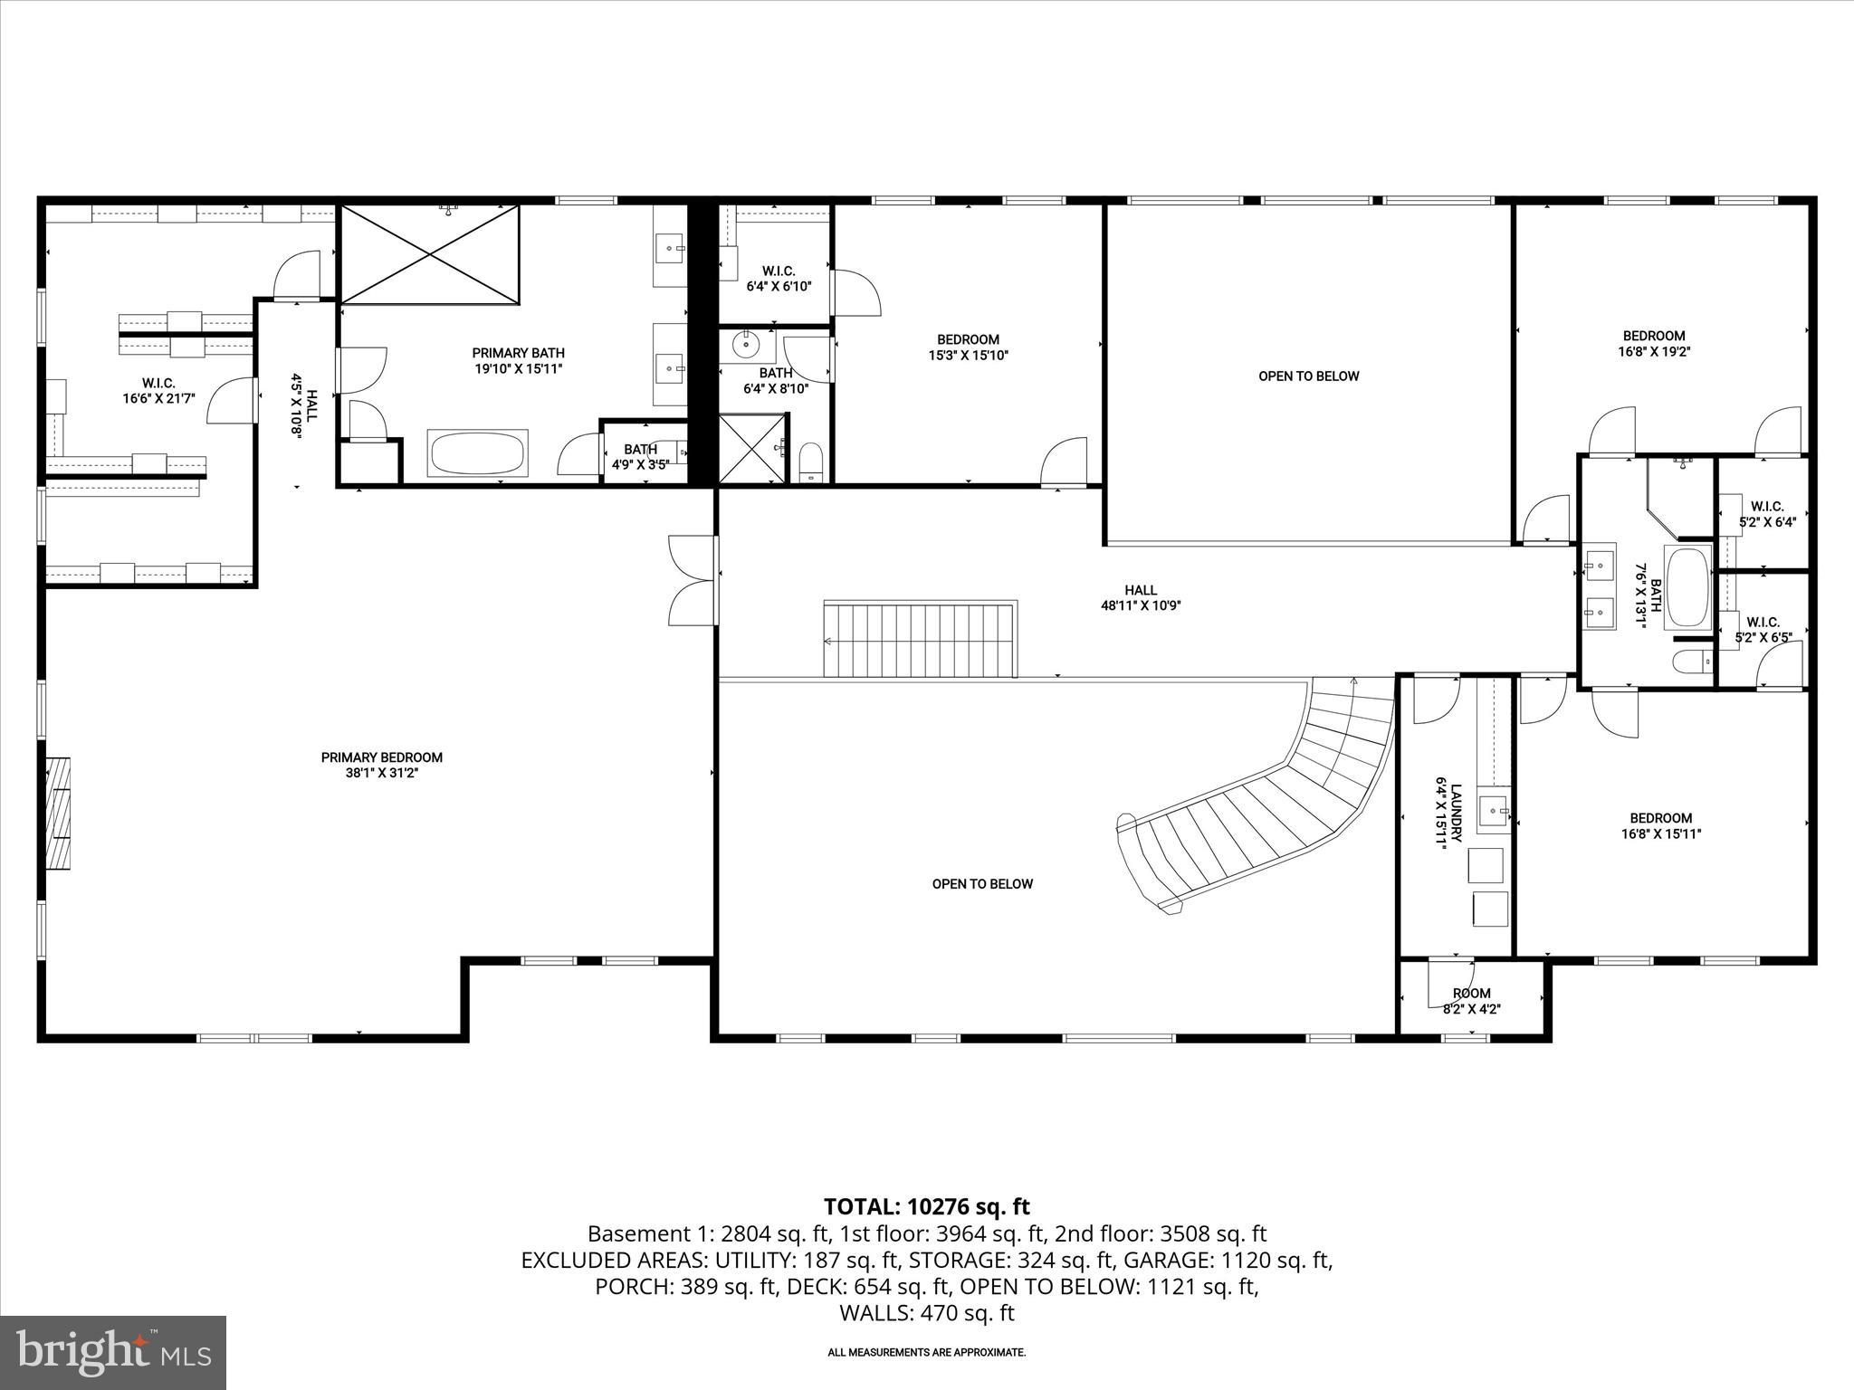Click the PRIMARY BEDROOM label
click(381, 757)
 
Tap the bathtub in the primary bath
click(478, 452)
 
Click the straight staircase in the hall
click(920, 639)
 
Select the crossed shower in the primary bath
click(430, 254)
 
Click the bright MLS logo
click(112, 1352)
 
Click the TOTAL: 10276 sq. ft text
click(926, 1206)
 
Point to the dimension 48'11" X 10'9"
click(1141, 606)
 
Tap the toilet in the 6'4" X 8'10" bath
click(810, 463)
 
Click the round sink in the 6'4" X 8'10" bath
click(748, 344)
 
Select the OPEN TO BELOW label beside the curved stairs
click(982, 884)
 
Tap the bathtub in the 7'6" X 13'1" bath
click(1687, 586)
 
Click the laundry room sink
click(1494, 813)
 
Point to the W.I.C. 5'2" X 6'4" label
click(1766, 514)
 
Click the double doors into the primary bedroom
click(693, 580)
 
